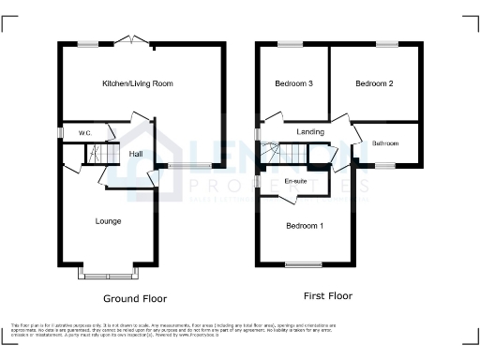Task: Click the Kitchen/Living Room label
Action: (x=138, y=84)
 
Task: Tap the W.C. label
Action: (x=83, y=133)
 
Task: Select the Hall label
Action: (x=136, y=154)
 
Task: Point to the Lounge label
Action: (x=108, y=221)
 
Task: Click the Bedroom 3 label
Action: (x=293, y=84)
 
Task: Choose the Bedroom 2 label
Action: (x=374, y=84)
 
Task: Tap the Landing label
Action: (x=310, y=132)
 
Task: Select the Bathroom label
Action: (x=385, y=143)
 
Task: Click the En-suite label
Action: (x=295, y=179)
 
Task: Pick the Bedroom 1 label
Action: (x=305, y=226)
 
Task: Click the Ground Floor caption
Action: (x=135, y=298)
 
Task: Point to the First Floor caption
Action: (x=326, y=295)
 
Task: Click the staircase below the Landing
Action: (x=270, y=150)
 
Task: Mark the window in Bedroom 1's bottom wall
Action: (x=299, y=263)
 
